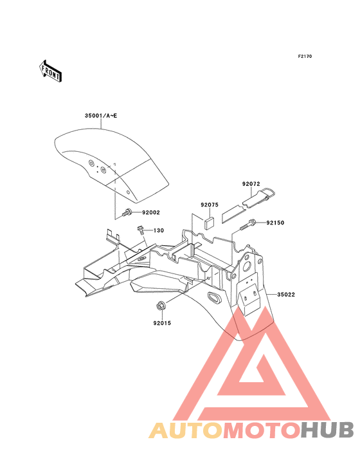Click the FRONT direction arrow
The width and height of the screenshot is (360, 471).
(50, 71)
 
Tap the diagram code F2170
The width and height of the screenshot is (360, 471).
(305, 56)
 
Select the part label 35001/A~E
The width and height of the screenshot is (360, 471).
(101, 116)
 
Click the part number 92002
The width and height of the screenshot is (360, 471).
(151, 212)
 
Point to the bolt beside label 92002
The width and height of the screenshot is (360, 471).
(126, 212)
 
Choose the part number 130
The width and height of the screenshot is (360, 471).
(159, 230)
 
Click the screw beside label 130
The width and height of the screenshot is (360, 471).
(140, 230)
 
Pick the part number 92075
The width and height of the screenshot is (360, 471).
(210, 205)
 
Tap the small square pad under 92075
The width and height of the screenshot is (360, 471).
(210, 223)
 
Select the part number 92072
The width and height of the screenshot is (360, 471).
(251, 184)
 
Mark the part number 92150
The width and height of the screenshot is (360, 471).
(275, 223)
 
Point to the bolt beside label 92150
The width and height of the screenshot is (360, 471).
(248, 225)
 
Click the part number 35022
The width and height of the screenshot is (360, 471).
(286, 295)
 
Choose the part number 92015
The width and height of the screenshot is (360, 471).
(162, 323)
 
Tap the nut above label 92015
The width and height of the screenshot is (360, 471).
(160, 306)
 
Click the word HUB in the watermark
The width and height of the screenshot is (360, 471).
(328, 430)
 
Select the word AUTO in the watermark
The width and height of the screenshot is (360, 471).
(186, 430)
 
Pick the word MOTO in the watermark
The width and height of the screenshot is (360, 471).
(262, 430)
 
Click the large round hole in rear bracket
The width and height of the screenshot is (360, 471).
(248, 266)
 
